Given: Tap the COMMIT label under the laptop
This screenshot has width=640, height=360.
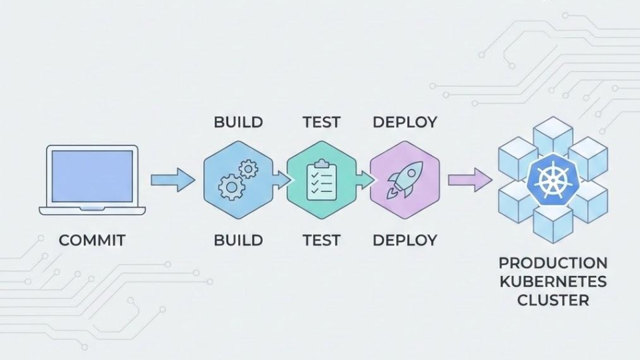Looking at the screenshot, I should point(92,240).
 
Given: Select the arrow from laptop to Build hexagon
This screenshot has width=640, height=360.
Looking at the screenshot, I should point(173,180).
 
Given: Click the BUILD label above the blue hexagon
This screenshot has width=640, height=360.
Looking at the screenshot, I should point(238,123).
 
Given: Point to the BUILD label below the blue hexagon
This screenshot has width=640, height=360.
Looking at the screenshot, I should point(238,240).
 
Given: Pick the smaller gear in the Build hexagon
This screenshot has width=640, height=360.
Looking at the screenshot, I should point(249,169).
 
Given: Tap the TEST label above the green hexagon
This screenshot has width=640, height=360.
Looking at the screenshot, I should point(321,123).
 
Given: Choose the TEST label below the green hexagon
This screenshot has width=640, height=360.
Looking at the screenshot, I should point(321,240).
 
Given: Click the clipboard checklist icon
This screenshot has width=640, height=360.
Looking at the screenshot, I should point(321,180).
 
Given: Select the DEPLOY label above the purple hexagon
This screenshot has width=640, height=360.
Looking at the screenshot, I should point(405,123).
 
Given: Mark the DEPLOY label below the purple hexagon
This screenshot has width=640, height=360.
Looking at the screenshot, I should point(405,240).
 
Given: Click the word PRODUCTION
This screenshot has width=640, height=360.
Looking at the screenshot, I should point(553,263).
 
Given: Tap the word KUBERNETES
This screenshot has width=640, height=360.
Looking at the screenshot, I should point(553,281).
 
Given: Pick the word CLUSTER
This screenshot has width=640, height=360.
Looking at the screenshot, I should point(553,300).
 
